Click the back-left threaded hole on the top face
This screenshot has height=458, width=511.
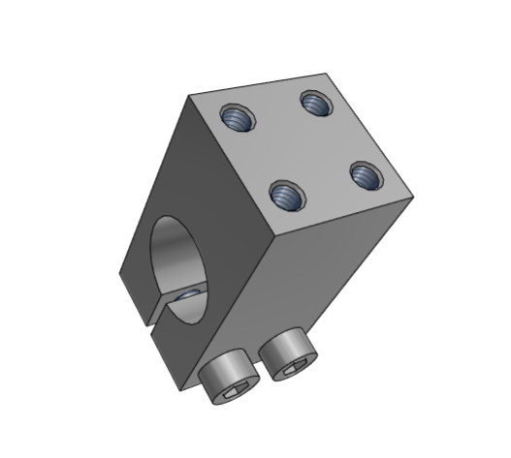point(236,119)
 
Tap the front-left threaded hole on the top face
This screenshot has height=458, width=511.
point(285,196)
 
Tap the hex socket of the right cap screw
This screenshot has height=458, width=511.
point(295,366)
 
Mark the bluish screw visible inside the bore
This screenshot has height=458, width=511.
point(191,293)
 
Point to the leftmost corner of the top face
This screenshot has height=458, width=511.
point(189,96)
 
